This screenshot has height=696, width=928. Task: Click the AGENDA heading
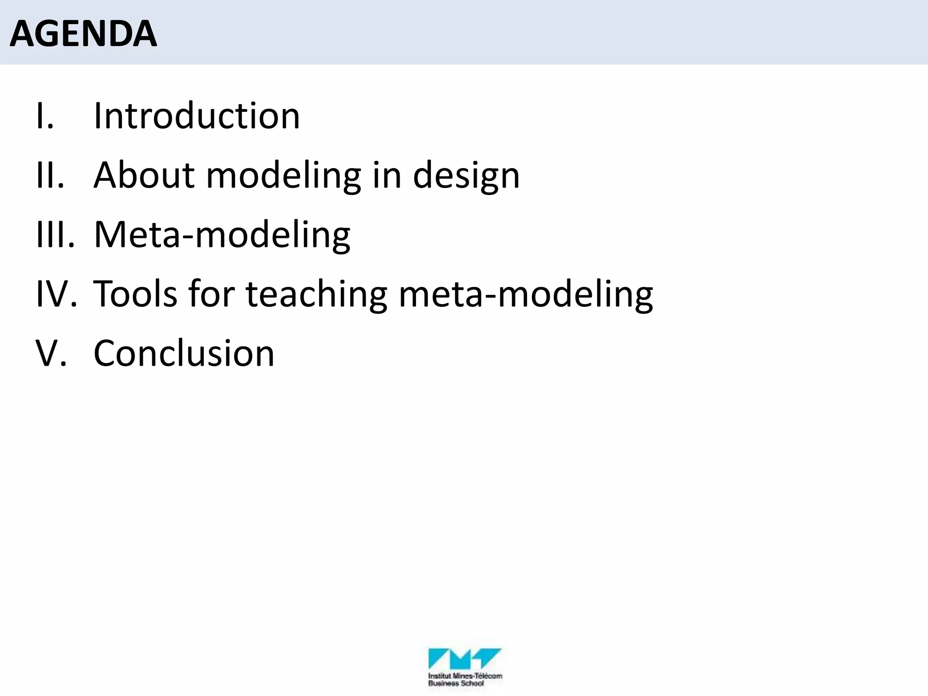(83, 34)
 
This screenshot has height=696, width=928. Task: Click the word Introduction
(197, 116)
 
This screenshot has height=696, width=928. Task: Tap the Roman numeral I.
(44, 116)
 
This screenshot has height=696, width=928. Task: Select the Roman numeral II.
(50, 175)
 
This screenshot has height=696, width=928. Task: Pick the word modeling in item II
(284, 175)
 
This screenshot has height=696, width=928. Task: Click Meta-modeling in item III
(222, 235)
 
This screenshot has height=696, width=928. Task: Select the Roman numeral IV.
(56, 294)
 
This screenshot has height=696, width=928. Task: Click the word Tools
(135, 294)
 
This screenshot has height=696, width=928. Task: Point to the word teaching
(316, 294)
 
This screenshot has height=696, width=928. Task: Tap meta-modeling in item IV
(526, 294)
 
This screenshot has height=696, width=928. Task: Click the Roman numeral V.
(51, 353)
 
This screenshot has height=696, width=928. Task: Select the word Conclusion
(184, 353)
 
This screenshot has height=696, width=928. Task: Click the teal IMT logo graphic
(464, 658)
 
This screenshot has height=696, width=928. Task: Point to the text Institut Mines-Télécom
(465, 676)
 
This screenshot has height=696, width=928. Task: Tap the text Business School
(456, 683)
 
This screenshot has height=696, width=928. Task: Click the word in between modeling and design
(387, 175)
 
